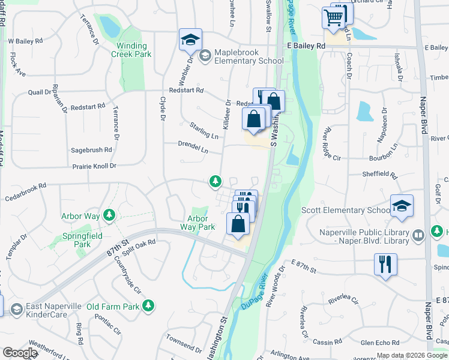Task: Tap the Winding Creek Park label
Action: point(131,50)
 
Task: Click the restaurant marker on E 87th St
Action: point(385,263)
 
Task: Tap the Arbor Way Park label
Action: point(197,223)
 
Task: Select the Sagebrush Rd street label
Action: point(91,150)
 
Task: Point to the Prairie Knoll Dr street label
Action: point(94,166)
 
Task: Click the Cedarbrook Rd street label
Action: point(25,191)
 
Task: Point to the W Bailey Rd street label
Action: point(25,41)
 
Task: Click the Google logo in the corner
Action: point(20,353)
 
